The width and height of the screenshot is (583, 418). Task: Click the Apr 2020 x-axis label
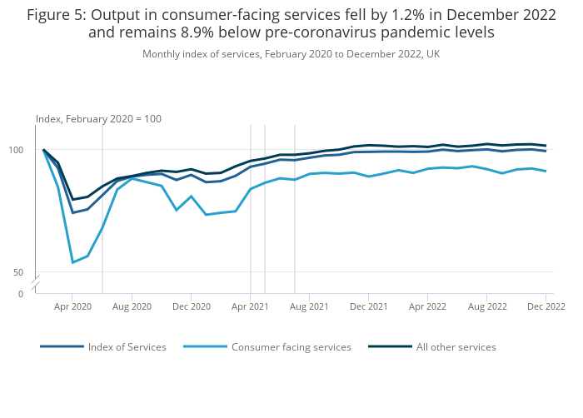pos(72,306)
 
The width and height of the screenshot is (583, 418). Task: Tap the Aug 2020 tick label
pos(132,306)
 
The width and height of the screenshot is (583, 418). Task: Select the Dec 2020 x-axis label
pos(192,306)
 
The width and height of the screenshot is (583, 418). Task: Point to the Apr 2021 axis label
pos(251,306)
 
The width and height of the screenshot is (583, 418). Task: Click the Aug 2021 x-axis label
pos(309,306)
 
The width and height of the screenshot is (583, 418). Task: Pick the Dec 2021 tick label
pos(368,306)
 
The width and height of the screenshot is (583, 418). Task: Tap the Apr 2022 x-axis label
pos(427,306)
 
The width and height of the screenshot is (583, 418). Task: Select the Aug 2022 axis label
pos(486,306)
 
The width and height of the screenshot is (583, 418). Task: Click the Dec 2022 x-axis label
pos(546,306)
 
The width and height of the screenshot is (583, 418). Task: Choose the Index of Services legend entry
pos(127,347)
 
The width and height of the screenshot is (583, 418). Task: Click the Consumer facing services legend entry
pos(291,347)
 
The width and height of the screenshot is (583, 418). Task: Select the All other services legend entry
pos(456,347)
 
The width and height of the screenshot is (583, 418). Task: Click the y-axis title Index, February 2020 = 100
pos(98,119)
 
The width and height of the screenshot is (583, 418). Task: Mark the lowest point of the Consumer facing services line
pos(72,263)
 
